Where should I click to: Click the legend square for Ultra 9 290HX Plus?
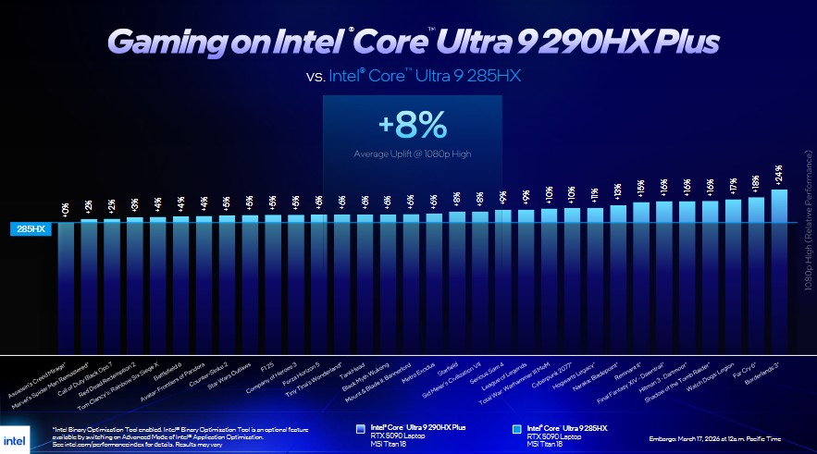[x=361, y=429]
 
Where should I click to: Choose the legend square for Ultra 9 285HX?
[x=516, y=429]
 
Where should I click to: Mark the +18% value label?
[x=756, y=183]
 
